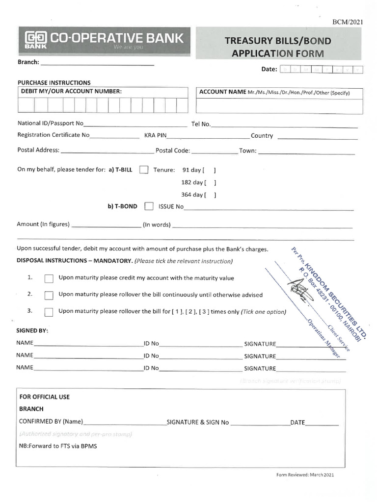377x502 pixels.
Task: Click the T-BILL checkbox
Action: point(144,170)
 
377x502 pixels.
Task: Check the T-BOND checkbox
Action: point(149,206)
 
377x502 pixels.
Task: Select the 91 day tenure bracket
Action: point(209,170)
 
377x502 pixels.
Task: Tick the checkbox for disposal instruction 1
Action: point(49,278)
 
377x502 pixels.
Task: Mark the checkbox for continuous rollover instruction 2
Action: point(49,295)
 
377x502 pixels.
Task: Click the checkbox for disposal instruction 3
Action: point(49,312)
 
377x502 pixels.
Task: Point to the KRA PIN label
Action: point(156,135)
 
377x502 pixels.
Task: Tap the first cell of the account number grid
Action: point(26,105)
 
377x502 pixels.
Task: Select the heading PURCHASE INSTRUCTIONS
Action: point(54,82)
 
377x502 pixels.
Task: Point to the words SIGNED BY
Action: point(32,330)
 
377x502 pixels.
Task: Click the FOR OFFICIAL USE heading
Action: point(44,397)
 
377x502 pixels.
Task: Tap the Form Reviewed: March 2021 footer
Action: point(305,475)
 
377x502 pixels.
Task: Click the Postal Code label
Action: point(172,151)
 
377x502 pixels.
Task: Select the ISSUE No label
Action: point(171,206)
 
